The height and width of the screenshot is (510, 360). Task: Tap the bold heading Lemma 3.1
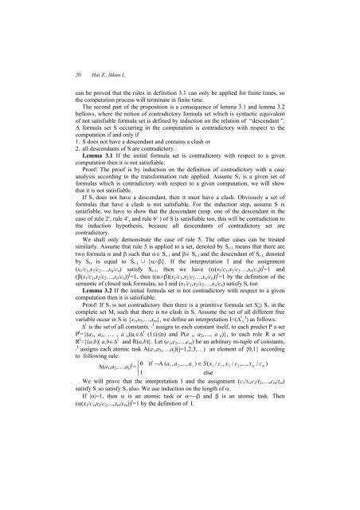pyautogui.click(x=65, y=153)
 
